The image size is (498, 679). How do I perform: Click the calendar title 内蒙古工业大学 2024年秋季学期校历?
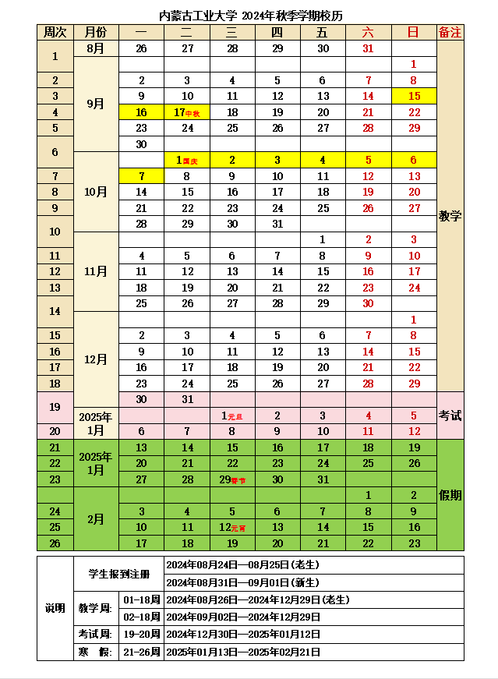point(250,16)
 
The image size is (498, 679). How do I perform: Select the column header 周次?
point(55,32)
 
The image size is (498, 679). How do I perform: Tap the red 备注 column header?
point(450,32)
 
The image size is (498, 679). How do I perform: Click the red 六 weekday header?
point(368,32)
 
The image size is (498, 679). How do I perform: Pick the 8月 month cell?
point(95,48)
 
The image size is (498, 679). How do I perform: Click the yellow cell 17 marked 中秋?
point(186,112)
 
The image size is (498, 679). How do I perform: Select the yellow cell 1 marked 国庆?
point(186,160)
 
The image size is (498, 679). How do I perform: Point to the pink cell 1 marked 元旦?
point(232,416)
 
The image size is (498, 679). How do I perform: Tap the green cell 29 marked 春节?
point(232,479)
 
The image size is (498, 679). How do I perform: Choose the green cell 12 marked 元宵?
point(232,528)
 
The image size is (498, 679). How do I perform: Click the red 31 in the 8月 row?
point(368,48)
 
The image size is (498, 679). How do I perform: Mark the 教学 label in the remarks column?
point(450,216)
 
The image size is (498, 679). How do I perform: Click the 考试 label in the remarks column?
point(450,416)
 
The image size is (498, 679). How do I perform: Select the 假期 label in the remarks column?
point(450,495)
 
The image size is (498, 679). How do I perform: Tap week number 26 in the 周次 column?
point(55,543)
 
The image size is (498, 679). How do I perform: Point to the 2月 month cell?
point(95,519)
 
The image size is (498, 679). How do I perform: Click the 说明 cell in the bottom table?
point(55,608)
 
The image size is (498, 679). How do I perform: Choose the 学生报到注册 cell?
point(119,574)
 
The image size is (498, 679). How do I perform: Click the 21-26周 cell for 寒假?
point(141,652)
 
